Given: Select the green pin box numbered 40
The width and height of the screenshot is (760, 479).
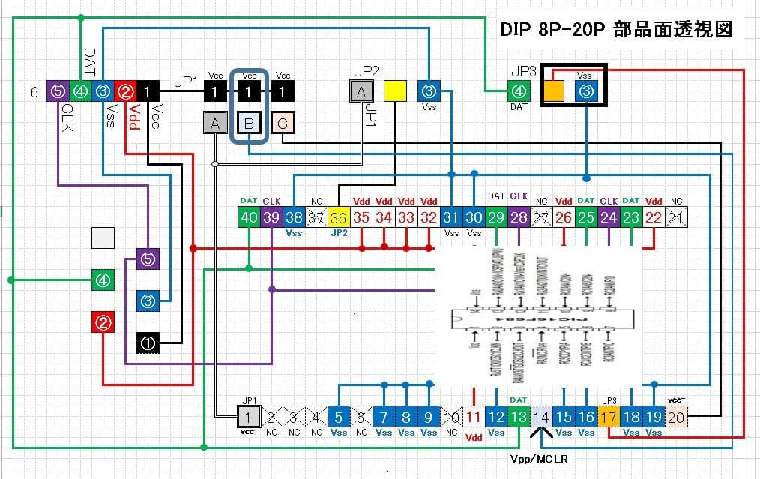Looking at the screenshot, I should click(x=248, y=217).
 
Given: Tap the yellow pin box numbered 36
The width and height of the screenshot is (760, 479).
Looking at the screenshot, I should click(x=339, y=217).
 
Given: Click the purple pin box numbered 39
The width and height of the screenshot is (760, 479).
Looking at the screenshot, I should click(x=271, y=217).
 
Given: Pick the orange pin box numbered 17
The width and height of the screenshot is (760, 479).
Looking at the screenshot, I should click(x=609, y=418).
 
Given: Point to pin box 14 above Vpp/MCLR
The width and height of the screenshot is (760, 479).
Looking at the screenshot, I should click(x=541, y=418).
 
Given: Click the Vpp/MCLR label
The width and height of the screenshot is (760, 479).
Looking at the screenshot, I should click(x=542, y=457).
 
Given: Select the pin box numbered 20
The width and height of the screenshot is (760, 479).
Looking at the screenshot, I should click(x=676, y=418).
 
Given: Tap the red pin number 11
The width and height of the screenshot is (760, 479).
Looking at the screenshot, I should click(x=474, y=418).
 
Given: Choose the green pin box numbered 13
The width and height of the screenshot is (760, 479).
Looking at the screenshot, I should click(x=519, y=418).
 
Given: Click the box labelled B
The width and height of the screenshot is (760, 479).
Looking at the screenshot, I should click(x=249, y=123).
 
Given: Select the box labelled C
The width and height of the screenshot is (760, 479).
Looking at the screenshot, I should click(x=282, y=123).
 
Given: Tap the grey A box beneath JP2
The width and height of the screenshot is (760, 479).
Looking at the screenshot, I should click(x=361, y=91).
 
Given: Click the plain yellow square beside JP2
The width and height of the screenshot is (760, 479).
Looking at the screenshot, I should click(x=394, y=91).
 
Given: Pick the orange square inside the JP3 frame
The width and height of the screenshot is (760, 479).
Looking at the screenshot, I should click(x=554, y=91).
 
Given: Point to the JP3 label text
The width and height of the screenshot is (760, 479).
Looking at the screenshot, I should click(x=523, y=73).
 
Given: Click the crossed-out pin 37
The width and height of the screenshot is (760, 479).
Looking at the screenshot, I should click(x=316, y=217).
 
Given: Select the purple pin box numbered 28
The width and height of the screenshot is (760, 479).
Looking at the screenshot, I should click(x=519, y=217).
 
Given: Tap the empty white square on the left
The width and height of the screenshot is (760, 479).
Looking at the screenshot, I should click(x=103, y=238).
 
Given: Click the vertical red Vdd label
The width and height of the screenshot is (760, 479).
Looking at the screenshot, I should click(x=136, y=118).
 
